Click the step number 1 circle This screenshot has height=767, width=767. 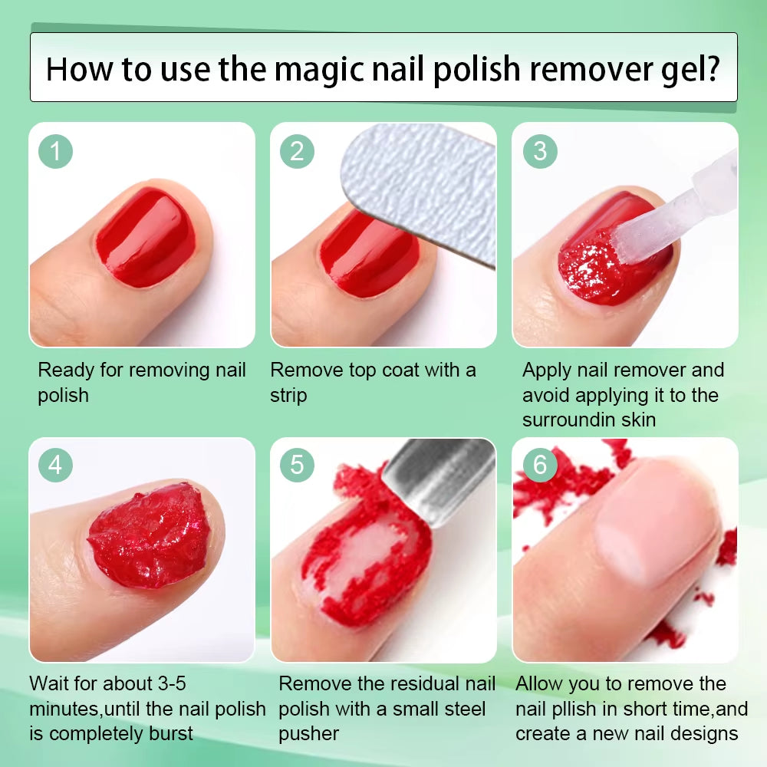click(x=55, y=151)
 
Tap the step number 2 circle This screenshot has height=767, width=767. click(x=297, y=151)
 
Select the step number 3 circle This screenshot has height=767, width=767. click(x=540, y=151)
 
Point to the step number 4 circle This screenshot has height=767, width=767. click(x=55, y=465)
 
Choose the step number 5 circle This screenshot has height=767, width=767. click(x=297, y=465)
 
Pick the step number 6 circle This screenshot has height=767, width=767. click(x=540, y=465)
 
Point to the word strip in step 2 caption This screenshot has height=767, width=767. click(x=288, y=396)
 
